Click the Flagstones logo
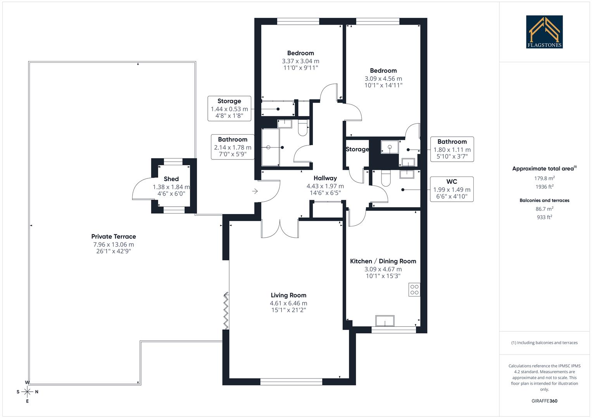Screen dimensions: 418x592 coord(544,32)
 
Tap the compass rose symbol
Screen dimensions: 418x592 coord(27,392)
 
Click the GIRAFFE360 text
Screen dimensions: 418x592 coord(544,401)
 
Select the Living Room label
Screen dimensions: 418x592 coord(288,295)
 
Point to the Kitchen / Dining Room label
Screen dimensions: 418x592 coord(383,261)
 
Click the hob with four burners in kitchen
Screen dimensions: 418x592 coord(414,290)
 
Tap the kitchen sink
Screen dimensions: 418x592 coord(385,321)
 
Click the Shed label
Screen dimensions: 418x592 coord(171,179)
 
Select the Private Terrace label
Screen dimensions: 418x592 coord(114,236)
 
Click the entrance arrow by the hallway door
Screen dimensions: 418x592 coord(255,191)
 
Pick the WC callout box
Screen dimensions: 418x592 coord(452,189)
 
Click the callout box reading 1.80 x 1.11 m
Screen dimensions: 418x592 coord(452,149)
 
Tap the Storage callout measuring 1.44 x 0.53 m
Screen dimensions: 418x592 coord(229,109)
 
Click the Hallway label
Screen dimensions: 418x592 coord(325,178)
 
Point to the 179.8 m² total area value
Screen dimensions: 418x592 coord(544,178)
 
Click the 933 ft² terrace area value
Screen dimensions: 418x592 coord(544,217)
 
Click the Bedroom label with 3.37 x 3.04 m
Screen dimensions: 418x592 coord(300,53)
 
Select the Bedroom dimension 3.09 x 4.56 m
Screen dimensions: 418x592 coord(383,79)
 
